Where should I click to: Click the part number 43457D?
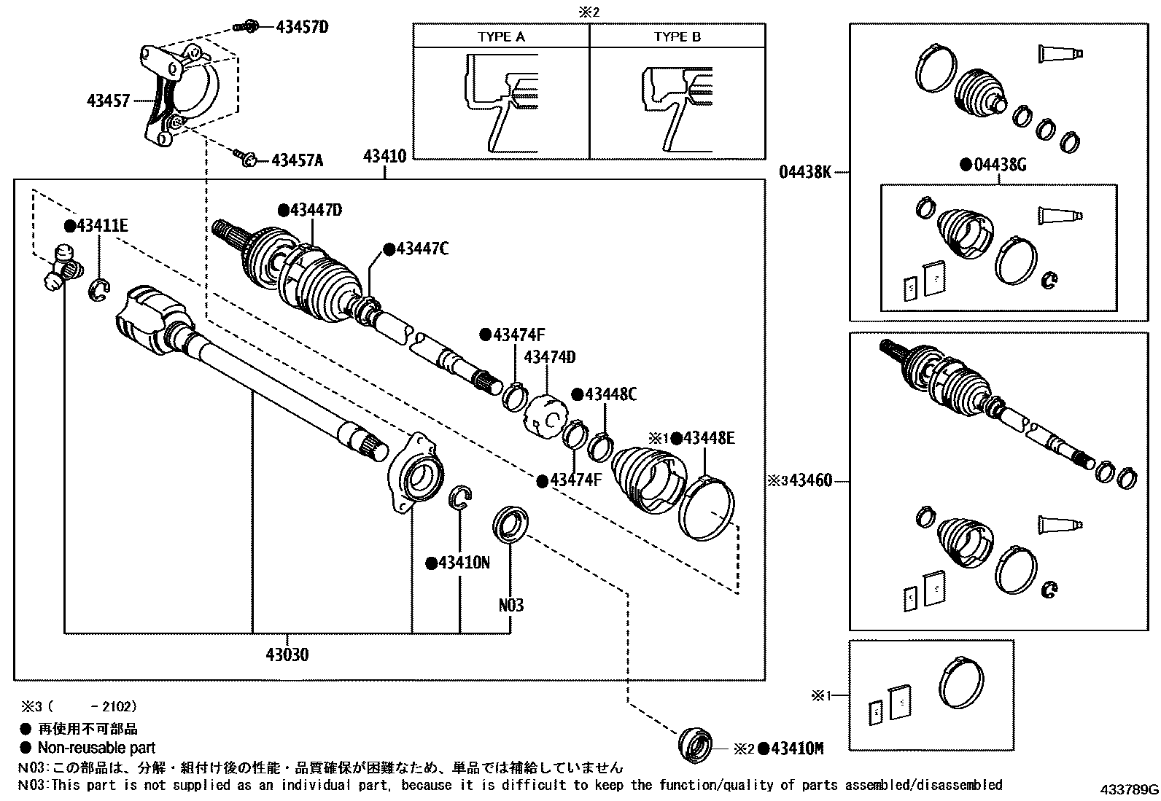(302, 28)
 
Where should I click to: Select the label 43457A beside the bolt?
(297, 160)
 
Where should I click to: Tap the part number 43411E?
(101, 226)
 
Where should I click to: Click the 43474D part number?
(549, 357)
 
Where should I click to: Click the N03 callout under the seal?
(510, 605)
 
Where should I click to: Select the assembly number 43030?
(287, 655)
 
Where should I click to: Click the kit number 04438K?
(805, 173)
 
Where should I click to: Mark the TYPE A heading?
(501, 36)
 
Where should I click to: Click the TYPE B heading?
(677, 36)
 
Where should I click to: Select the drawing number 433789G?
(1129, 789)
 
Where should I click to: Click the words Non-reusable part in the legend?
(96, 747)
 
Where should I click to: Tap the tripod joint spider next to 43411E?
(61, 267)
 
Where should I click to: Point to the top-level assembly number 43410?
(384, 155)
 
